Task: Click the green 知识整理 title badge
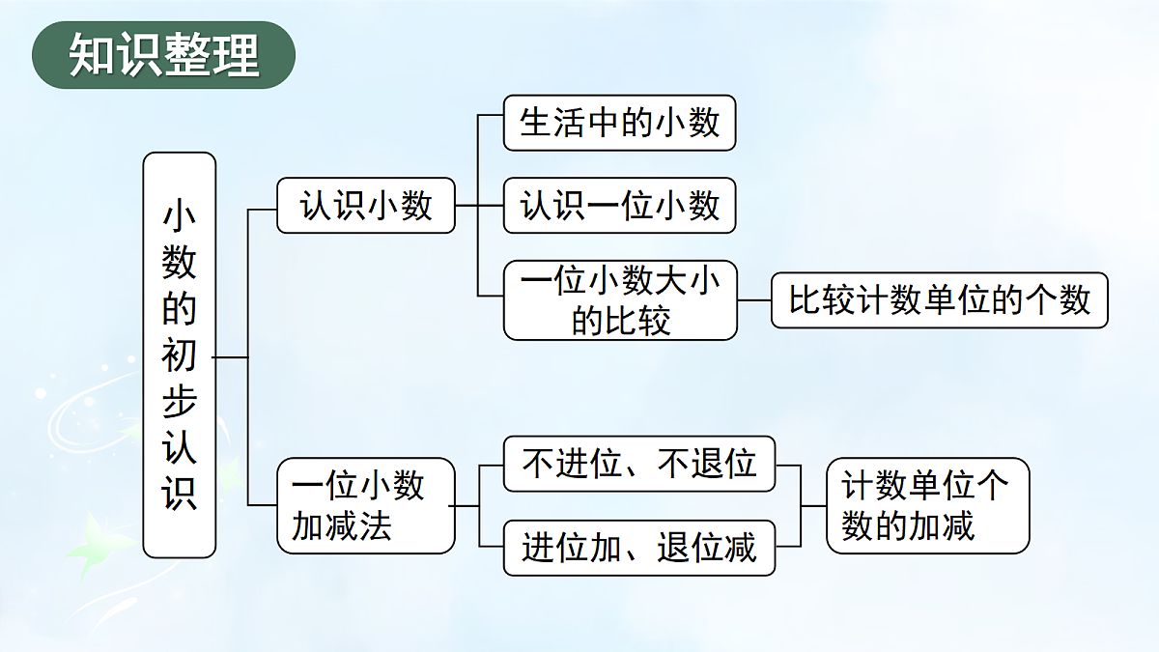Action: [x=163, y=55]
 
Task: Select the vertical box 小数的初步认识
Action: [x=180, y=355]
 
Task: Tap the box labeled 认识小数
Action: [x=366, y=206]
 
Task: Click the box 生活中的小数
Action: [x=619, y=123]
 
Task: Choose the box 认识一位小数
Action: [x=619, y=206]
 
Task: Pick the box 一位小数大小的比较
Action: [x=620, y=300]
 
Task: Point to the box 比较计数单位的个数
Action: [x=940, y=300]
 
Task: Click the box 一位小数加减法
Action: [x=366, y=505]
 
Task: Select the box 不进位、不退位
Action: [x=639, y=464]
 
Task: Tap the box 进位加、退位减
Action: [x=639, y=548]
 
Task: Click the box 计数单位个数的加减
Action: [x=928, y=505]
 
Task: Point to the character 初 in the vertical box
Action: [x=179, y=355]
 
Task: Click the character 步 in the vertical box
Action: [x=179, y=401]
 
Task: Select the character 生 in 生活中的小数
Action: [x=536, y=123]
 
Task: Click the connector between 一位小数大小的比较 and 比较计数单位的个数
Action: [x=754, y=300]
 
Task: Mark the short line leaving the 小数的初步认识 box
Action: [x=231, y=357]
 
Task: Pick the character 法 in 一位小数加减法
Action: [x=375, y=526]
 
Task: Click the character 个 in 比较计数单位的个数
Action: [x=1041, y=300]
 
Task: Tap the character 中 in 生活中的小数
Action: [x=603, y=123]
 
